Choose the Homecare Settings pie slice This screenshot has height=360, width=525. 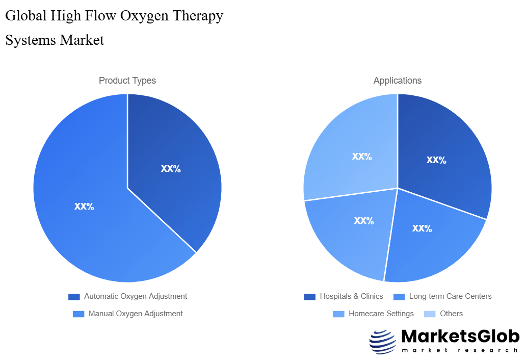point(352,229)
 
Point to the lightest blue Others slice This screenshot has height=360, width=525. point(352,148)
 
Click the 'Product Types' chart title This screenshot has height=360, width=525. point(127,81)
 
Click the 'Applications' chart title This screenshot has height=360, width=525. point(398,81)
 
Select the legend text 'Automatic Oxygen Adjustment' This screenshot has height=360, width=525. point(136,296)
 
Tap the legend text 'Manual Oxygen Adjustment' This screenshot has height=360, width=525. point(136,314)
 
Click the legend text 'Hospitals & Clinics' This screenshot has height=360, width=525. point(351,296)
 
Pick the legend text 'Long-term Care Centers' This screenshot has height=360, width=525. point(450,296)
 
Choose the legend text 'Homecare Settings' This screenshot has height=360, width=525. point(381,314)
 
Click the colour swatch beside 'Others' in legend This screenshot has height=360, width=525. point(430,314)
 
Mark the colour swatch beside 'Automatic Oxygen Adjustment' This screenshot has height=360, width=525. point(74,297)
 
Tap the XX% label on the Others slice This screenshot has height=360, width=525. point(362,157)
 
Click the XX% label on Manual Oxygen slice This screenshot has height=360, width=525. point(84,207)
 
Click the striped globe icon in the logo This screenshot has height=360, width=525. point(382,342)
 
